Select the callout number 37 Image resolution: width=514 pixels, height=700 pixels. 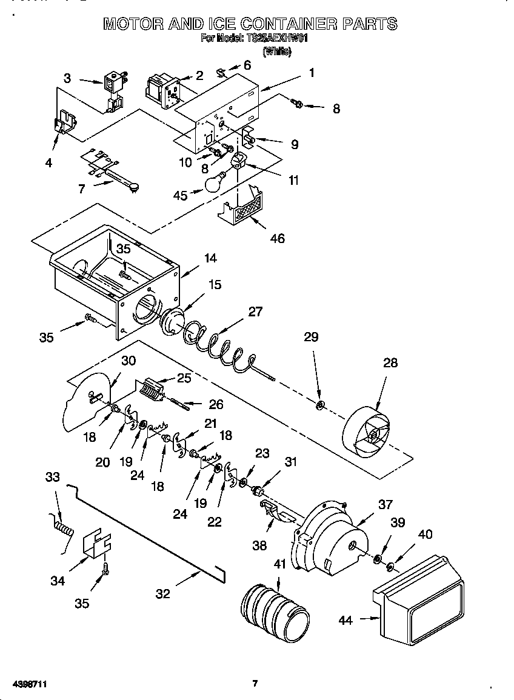point(385,504)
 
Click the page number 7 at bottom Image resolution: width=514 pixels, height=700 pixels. point(255,684)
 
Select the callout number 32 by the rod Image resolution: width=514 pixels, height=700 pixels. point(162,594)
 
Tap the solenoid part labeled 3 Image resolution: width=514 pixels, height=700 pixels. point(113,88)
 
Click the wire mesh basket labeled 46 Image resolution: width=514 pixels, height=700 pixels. point(242,209)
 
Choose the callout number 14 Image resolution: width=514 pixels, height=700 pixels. point(210,258)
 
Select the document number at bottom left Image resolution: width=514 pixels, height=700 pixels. point(30,684)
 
